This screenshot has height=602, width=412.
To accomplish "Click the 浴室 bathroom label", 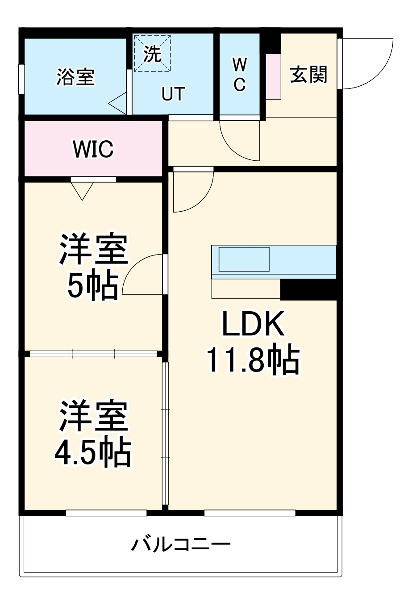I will click(x=75, y=76).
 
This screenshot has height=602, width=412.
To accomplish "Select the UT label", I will click(x=173, y=94).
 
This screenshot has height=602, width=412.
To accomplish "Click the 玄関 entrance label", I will click(x=309, y=74).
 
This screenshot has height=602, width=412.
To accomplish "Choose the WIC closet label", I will click(x=93, y=149).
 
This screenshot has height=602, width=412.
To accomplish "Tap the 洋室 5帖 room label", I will click(x=94, y=267).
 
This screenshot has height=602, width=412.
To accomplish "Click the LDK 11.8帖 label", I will click(x=253, y=343).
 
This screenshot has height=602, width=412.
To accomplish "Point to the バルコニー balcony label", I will click(x=181, y=544).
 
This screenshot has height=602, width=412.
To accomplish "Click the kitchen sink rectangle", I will click(x=244, y=259).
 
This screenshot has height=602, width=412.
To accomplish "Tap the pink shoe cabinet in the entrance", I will click(x=274, y=76).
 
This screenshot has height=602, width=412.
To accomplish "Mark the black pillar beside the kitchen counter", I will click(x=308, y=289).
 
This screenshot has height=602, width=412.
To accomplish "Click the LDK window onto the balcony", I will click(x=250, y=513).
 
